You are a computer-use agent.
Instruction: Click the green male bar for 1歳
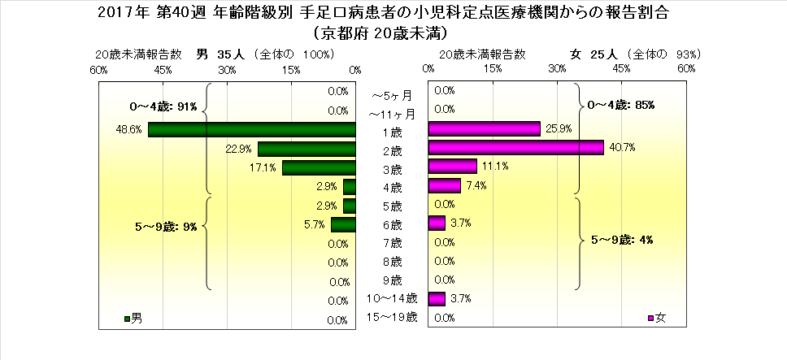[252, 130]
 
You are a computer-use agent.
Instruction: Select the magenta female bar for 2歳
[515, 148]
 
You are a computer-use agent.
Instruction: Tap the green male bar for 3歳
[319, 168]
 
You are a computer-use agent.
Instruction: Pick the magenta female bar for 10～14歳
[436, 299]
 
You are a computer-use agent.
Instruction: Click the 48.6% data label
[131, 129]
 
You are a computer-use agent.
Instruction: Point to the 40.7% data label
[622, 148]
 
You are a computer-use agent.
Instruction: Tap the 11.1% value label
[495, 167]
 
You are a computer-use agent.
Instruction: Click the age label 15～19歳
[393, 317]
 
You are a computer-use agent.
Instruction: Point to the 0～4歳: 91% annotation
[163, 106]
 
